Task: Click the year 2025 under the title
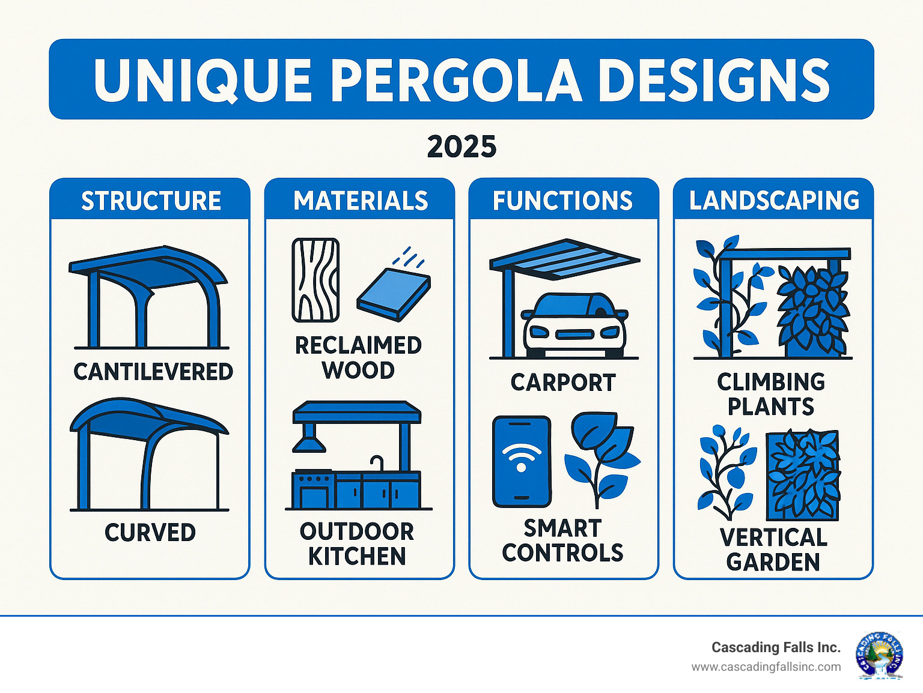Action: point(461,147)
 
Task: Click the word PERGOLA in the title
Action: point(456,80)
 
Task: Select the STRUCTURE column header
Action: point(151,201)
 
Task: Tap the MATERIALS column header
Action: point(361,201)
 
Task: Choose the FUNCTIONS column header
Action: point(562,201)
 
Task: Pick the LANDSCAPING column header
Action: point(774,201)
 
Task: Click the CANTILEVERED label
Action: point(153,372)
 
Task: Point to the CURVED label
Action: point(150,533)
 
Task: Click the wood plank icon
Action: point(315,280)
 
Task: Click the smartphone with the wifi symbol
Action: point(521,461)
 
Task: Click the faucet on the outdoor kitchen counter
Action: point(377,463)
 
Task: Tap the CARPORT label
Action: point(563,383)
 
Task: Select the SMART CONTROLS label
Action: point(562,540)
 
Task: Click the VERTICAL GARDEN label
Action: point(773,549)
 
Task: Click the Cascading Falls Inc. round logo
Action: point(879,655)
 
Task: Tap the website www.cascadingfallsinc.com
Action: point(766,667)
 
